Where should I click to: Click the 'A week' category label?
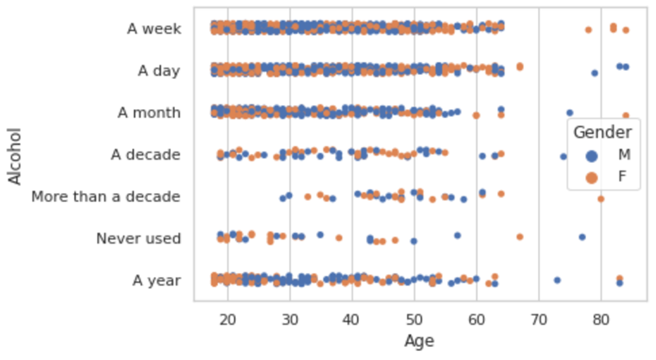[154, 29]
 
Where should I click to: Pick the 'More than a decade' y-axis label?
[106, 196]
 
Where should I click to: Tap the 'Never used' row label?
[138, 239]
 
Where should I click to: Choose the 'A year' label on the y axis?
[156, 281]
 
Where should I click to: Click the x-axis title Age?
[419, 340]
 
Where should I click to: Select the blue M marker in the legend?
[592, 155]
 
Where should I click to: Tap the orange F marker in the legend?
[592, 177]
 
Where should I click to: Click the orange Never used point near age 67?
[520, 237]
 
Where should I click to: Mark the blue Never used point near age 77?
[582, 237]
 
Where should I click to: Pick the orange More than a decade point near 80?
[601, 199]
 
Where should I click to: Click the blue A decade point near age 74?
[563, 156]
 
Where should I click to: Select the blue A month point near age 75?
[570, 112]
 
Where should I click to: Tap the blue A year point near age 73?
[558, 280]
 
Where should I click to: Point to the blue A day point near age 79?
[595, 73]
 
